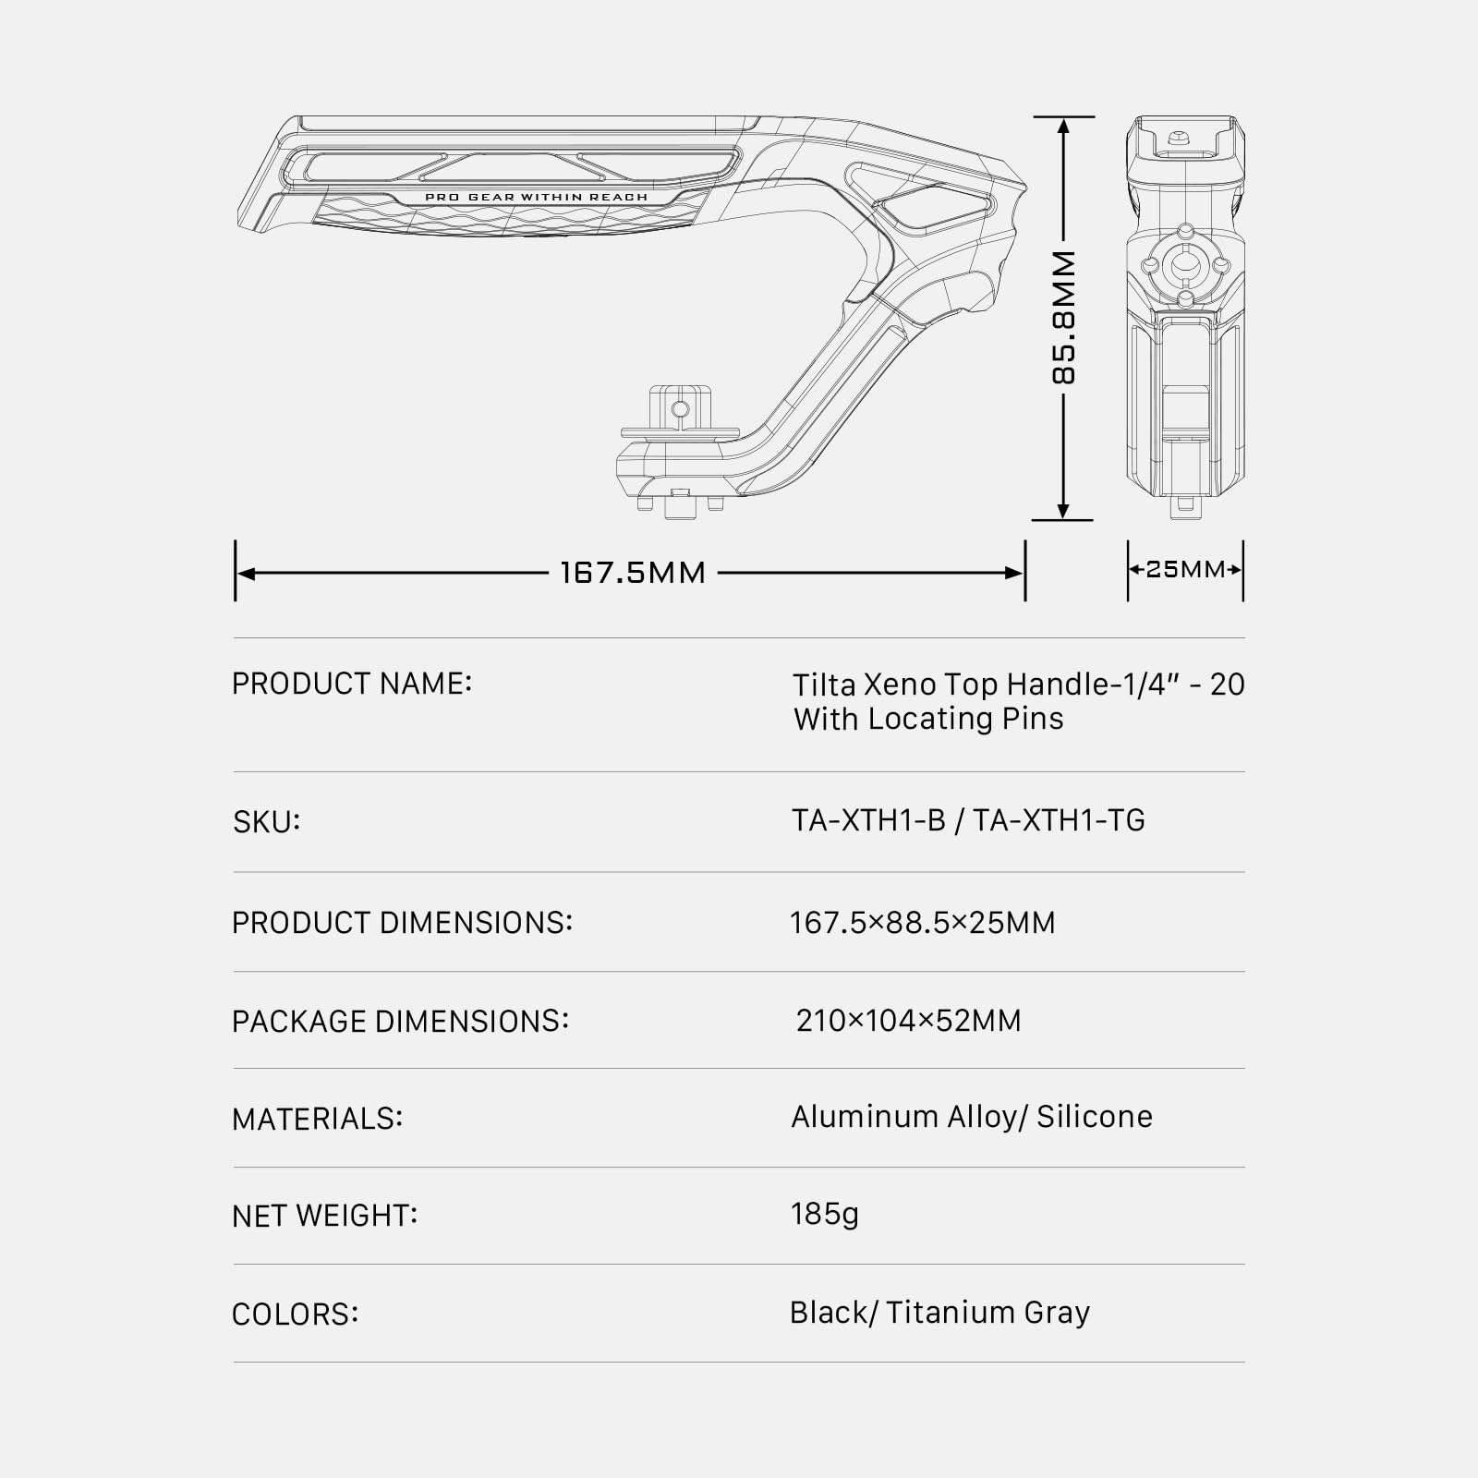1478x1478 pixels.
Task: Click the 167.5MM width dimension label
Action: pyautogui.click(x=633, y=573)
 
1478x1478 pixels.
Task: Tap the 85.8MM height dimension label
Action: pyautogui.click(x=1064, y=318)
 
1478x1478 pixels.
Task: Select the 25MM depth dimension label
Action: pyautogui.click(x=1185, y=569)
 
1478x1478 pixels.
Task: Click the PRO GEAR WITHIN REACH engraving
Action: pyautogui.click(x=536, y=197)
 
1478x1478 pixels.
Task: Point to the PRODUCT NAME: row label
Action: pyautogui.click(x=352, y=684)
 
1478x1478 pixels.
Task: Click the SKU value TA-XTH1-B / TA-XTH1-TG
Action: pyautogui.click(x=968, y=820)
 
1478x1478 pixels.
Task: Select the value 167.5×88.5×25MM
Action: pyautogui.click(x=922, y=922)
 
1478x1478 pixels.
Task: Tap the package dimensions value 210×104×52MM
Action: pyautogui.click(x=908, y=1021)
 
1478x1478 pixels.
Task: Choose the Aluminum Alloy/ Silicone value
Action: pyautogui.click(x=971, y=1117)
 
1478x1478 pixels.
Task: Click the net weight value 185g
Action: pyautogui.click(x=824, y=1214)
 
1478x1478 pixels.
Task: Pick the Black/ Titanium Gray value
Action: pyautogui.click(x=939, y=1313)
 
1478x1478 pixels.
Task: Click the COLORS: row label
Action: pyautogui.click(x=295, y=1314)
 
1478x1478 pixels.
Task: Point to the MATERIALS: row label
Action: pyautogui.click(x=317, y=1119)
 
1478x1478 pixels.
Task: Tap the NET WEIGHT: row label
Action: pyautogui.click(x=324, y=1216)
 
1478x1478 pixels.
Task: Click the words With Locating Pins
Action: pyautogui.click(x=928, y=719)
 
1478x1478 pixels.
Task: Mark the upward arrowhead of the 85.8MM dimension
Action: pyautogui.click(x=1063, y=127)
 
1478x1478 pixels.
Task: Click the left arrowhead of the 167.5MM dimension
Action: pyautogui.click(x=246, y=573)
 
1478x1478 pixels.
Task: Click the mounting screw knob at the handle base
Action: pyautogui.click(x=681, y=505)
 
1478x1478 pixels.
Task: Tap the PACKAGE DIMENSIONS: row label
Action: pyautogui.click(x=400, y=1021)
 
